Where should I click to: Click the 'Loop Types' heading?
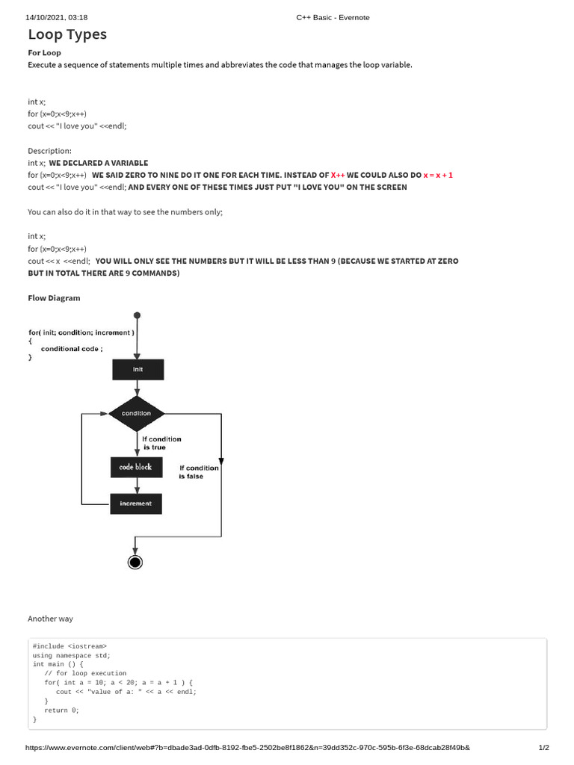tap(67, 34)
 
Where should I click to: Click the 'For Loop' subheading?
tap(44, 53)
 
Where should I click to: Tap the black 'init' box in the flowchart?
tap(138, 369)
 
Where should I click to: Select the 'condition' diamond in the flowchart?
tap(136, 413)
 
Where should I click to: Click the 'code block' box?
tap(136, 467)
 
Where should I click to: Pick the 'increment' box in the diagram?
tap(136, 504)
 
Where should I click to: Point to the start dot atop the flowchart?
tap(137, 315)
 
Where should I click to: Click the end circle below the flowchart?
tap(135, 562)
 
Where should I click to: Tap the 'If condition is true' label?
tap(161, 443)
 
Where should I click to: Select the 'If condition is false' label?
tap(199, 471)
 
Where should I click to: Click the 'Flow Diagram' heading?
tap(54, 298)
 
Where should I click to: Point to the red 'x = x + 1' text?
tap(438, 175)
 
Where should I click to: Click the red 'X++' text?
tap(338, 175)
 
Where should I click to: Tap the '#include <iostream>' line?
tap(70, 645)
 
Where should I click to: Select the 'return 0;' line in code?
tap(61, 710)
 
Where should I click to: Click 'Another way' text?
tap(50, 619)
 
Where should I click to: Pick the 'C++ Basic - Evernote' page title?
tap(333, 17)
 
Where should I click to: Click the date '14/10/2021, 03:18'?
tap(57, 17)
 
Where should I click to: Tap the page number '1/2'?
tap(543, 748)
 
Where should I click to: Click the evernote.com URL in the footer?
tap(247, 748)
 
